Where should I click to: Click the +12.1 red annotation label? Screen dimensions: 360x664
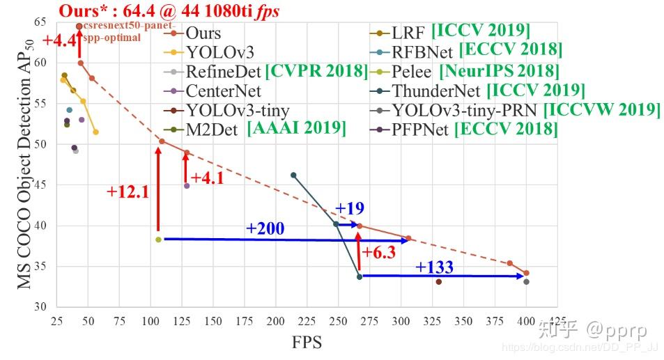point(128,192)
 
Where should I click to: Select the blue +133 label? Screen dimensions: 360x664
point(435,267)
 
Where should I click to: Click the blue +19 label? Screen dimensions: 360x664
point(350,209)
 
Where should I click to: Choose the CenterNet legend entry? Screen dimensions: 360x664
point(223,91)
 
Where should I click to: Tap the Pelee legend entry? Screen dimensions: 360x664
point(412,71)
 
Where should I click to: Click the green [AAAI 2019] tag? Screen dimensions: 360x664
point(296,128)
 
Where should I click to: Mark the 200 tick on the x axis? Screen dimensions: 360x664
point(275,322)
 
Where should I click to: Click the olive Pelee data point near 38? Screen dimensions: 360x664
point(158,240)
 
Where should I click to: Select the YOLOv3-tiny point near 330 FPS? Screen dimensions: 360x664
point(438,281)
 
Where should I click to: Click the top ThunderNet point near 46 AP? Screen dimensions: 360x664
point(293,175)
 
